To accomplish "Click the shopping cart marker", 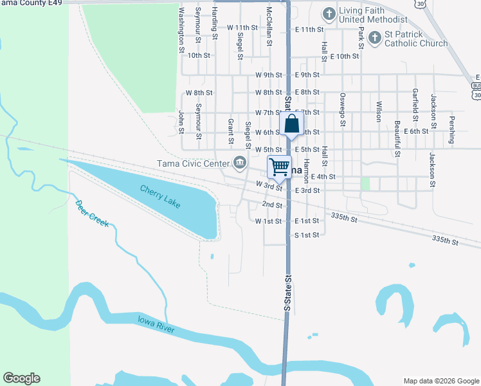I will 280,167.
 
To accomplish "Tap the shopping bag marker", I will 291,124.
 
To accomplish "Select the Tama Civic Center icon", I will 240,163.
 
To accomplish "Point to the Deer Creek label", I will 93,214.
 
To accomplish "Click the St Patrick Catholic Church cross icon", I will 375,39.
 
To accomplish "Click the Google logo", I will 21,378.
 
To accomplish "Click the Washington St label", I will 181,30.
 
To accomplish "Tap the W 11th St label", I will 242,28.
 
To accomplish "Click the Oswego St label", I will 343,109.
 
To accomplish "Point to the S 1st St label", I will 307,235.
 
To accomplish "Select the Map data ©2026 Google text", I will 440,380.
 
